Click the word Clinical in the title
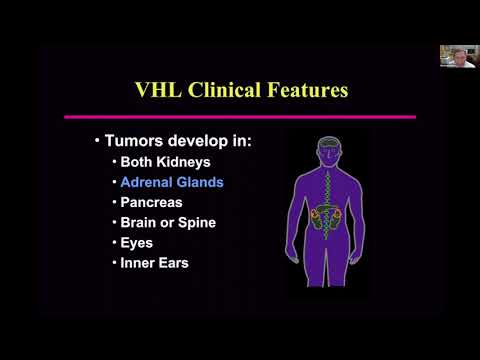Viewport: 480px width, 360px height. [226, 90]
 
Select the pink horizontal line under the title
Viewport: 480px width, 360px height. [239, 117]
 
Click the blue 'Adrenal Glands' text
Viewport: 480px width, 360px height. [171, 183]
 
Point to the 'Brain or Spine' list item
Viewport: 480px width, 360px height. [167, 222]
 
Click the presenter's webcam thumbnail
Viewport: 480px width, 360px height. [456, 56]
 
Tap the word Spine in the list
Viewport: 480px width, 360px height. [196, 222]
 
